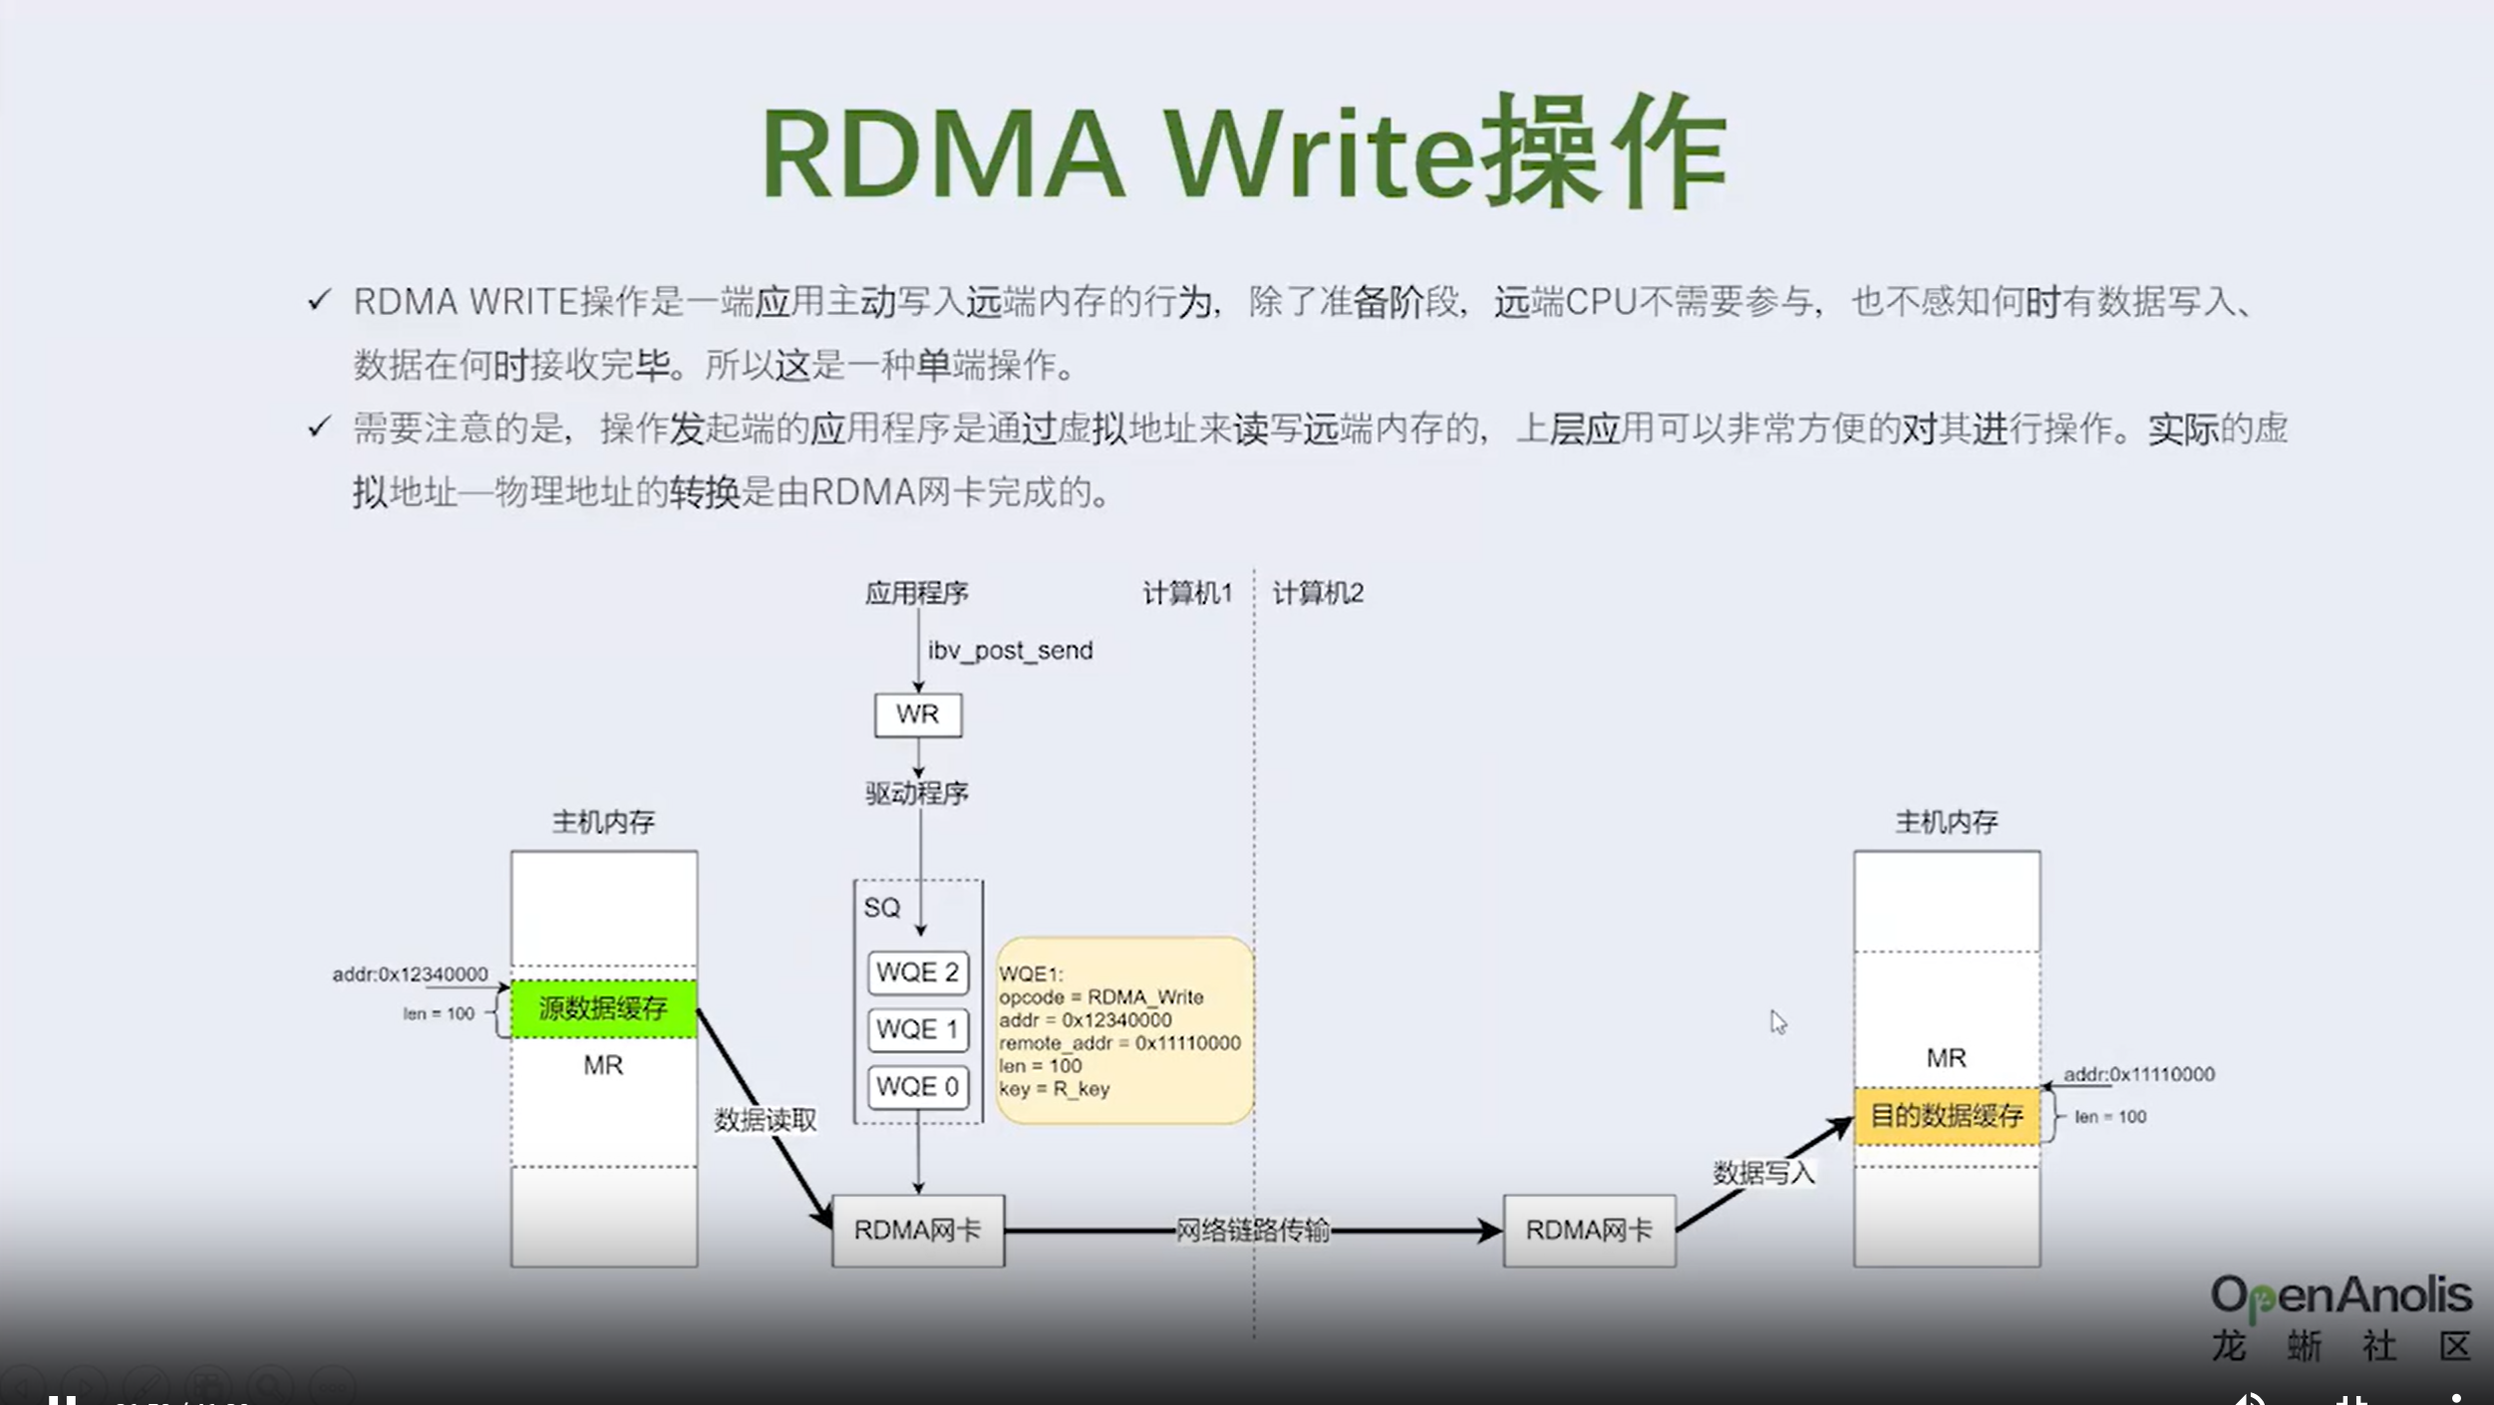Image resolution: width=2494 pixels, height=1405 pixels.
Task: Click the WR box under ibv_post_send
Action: (918, 714)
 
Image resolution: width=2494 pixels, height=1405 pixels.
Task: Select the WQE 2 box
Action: (918, 973)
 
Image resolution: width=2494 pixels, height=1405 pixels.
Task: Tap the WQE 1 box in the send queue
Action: (918, 1029)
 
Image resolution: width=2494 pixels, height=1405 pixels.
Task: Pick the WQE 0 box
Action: (918, 1086)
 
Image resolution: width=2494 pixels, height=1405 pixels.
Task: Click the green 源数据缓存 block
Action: (604, 1009)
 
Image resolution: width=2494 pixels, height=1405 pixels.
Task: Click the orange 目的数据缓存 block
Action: (1946, 1116)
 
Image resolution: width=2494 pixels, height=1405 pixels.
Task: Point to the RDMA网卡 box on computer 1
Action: (918, 1231)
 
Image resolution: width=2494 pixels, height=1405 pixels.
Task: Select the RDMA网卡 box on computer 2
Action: (1589, 1231)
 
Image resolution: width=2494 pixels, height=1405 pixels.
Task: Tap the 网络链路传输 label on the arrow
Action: (1253, 1231)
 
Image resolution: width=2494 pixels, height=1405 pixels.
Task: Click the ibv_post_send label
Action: (1010, 651)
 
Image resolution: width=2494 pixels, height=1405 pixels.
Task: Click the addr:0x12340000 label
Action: (410, 975)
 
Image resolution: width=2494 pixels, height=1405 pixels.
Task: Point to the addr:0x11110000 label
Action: (2138, 1074)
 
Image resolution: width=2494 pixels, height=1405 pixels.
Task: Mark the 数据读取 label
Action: (766, 1120)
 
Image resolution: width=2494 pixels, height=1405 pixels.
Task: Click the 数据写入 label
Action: (1763, 1173)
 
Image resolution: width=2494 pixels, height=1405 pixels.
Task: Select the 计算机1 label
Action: (1187, 594)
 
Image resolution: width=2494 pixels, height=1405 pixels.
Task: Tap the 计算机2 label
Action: (1318, 594)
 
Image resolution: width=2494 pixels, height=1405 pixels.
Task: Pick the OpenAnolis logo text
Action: (2340, 1295)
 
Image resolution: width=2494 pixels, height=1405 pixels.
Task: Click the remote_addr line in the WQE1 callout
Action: (1119, 1043)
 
